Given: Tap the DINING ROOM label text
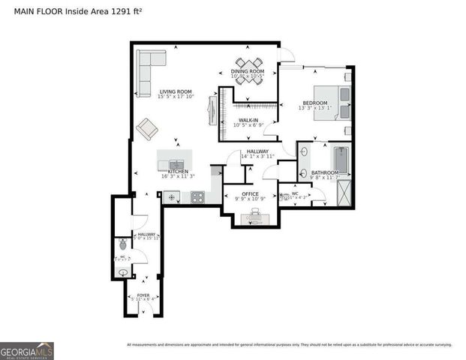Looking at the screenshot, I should click(247, 71).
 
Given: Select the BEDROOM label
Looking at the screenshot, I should click(315, 102).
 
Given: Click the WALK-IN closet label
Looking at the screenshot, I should click(248, 120).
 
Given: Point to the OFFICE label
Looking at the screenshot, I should click(250, 193).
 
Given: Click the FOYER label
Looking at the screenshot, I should click(143, 295).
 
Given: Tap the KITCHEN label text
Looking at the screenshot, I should click(176, 172).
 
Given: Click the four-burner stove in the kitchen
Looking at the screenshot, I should click(198, 198).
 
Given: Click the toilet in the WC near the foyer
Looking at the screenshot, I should click(123, 244).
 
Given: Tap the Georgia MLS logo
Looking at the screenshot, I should click(27, 350).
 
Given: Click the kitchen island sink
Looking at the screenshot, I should click(175, 163).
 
